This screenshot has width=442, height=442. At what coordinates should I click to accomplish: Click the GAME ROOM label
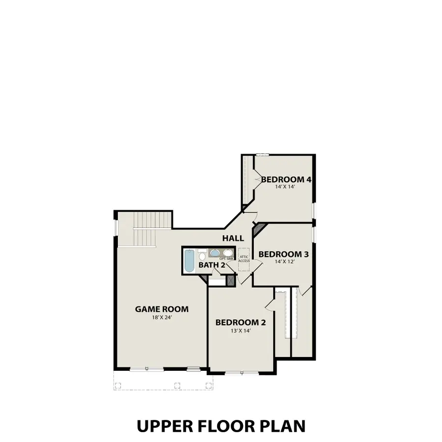162,309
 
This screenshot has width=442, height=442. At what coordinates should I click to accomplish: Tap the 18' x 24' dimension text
162,317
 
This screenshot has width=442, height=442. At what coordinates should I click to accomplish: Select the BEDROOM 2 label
241,323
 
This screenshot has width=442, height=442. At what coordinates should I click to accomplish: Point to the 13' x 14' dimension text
241,331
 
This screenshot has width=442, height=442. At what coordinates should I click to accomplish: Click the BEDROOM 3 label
283,254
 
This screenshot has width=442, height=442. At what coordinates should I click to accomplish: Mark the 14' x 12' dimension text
283,262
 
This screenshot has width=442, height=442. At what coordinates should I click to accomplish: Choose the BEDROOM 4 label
286,179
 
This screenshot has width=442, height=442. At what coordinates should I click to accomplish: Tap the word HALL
233,238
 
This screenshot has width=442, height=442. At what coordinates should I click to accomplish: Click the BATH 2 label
212,265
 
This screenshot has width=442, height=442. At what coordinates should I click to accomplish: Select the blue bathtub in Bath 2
189,260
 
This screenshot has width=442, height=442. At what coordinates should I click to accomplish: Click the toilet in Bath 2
202,255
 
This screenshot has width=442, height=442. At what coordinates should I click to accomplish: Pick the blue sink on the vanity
215,253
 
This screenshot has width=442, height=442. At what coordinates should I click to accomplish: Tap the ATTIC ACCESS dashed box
244,259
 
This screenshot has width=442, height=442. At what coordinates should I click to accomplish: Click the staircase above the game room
152,228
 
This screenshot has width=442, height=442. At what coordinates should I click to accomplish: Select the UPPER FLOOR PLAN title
221,425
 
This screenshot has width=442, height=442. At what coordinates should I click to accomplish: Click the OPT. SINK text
226,259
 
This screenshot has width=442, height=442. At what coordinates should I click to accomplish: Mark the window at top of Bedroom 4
262,155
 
